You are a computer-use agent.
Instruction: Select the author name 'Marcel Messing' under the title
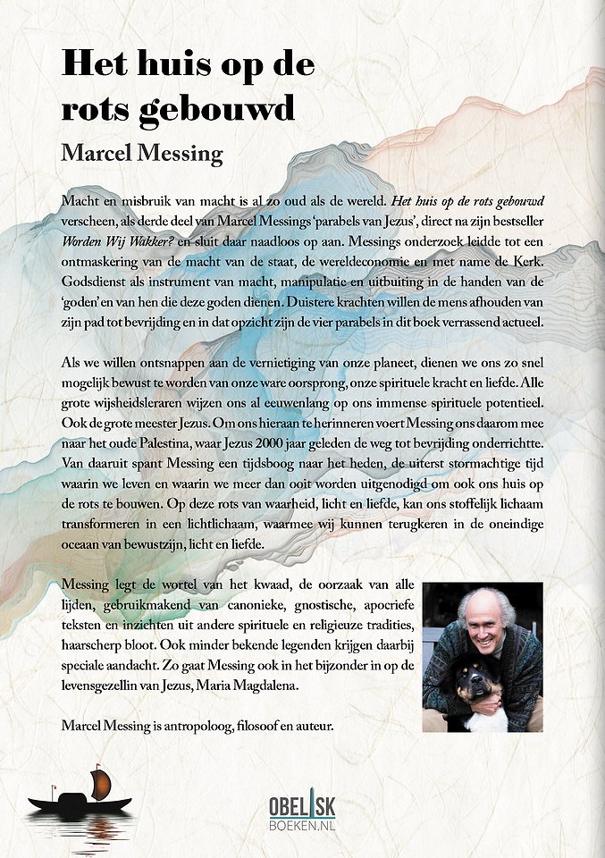141,153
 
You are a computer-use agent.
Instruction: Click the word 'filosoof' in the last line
259,726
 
